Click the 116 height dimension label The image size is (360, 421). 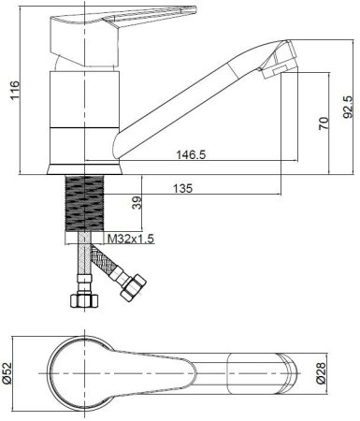click(15, 90)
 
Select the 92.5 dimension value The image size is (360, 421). click(348, 107)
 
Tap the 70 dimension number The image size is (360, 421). click(324, 123)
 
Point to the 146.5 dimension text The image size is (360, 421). click(191, 154)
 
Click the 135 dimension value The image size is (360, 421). click(183, 188)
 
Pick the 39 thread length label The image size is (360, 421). click(137, 202)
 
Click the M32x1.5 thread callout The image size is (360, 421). click(131, 239)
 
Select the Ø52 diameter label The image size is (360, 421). click(7, 373)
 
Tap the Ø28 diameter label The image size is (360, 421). click(321, 373)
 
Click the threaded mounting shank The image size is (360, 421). click(84, 203)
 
